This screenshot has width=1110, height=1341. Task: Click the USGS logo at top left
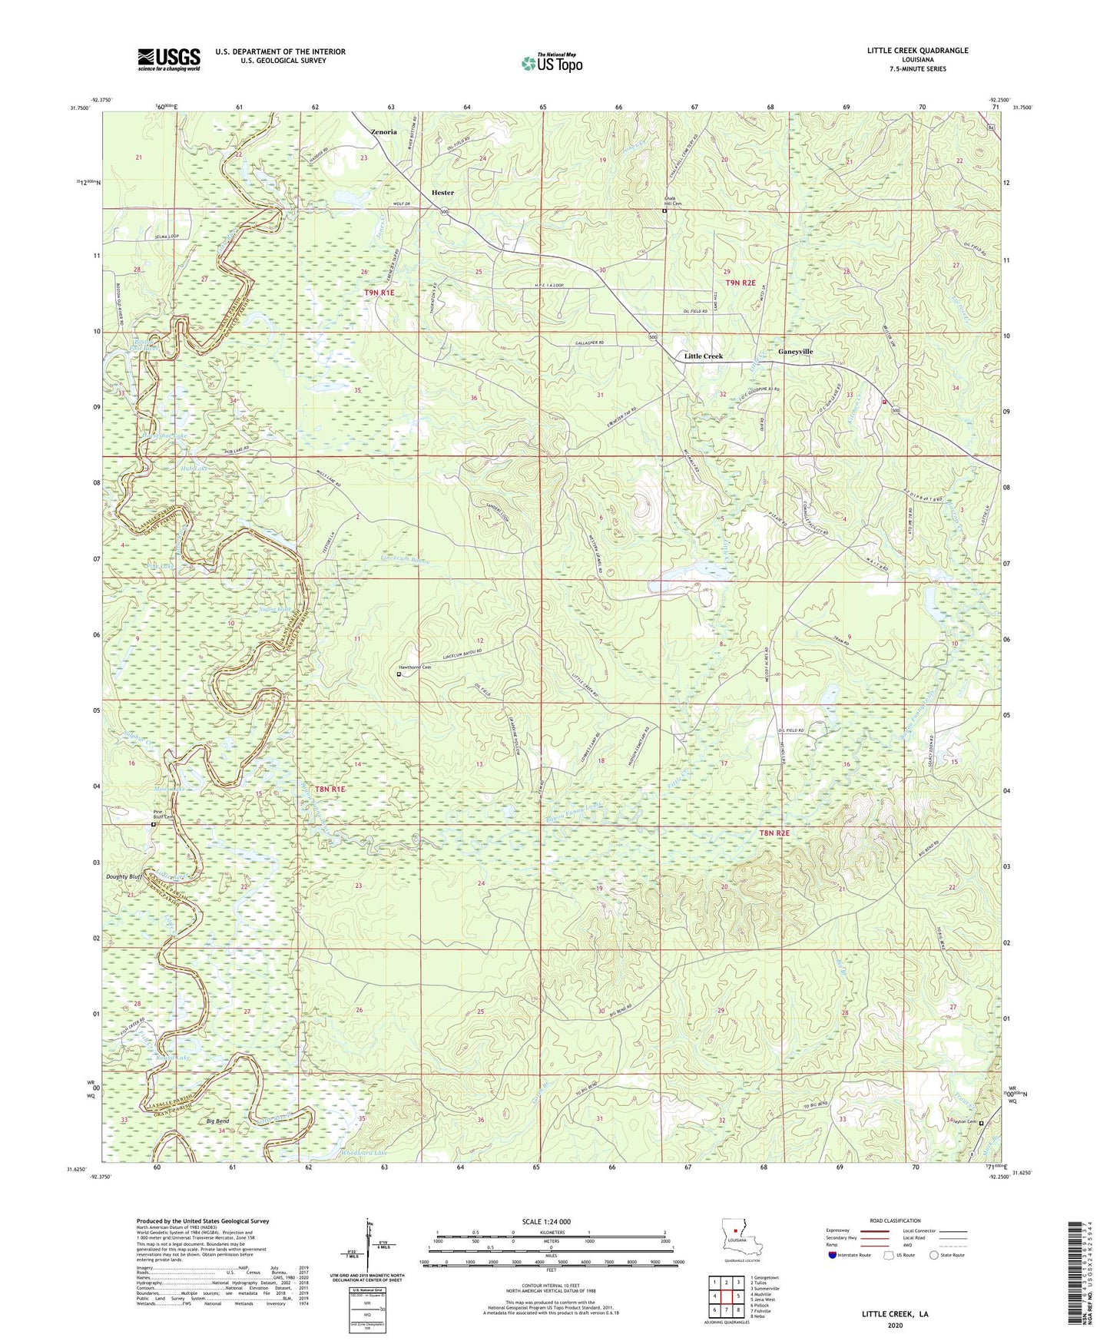click(169, 59)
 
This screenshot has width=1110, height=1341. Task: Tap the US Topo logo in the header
click(552, 63)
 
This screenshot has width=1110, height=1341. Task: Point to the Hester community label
click(442, 193)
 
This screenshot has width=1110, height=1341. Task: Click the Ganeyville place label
click(795, 352)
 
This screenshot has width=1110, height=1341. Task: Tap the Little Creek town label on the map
click(703, 356)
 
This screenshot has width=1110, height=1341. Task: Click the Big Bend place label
click(217, 1121)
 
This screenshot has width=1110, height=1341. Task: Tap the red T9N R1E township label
click(379, 293)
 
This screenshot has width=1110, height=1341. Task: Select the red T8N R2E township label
click(774, 833)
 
